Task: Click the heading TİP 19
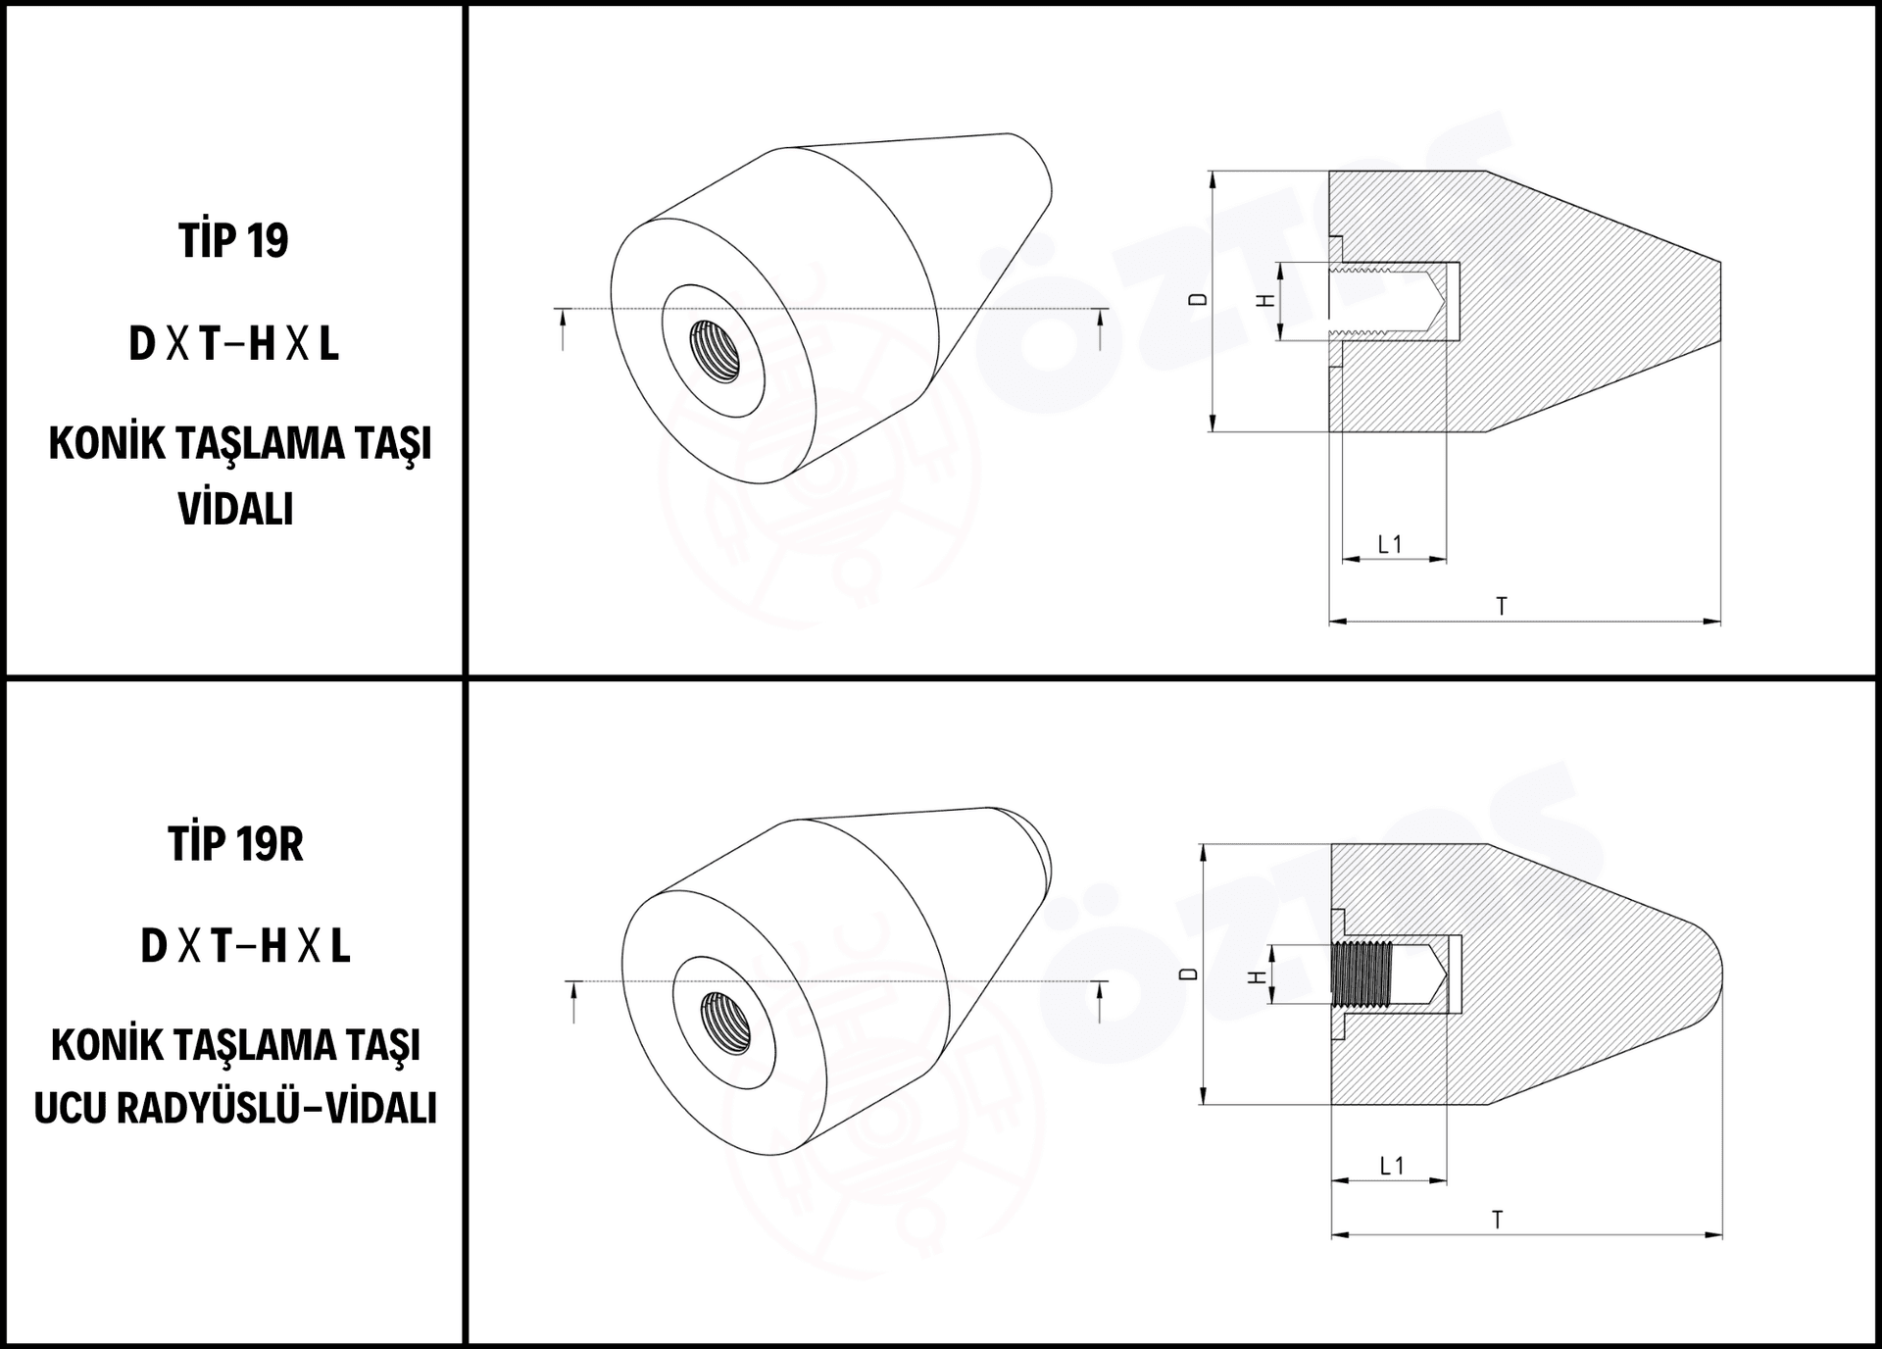click(233, 240)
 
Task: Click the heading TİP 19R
click(235, 843)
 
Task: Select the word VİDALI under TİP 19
click(235, 509)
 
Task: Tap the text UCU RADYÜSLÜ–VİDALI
click(235, 1108)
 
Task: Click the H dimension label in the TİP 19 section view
click(1266, 301)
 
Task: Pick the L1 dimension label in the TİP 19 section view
click(1390, 544)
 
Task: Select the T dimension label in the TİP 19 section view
click(1501, 607)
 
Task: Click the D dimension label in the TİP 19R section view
click(1189, 974)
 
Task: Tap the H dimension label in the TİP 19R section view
click(1256, 976)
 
